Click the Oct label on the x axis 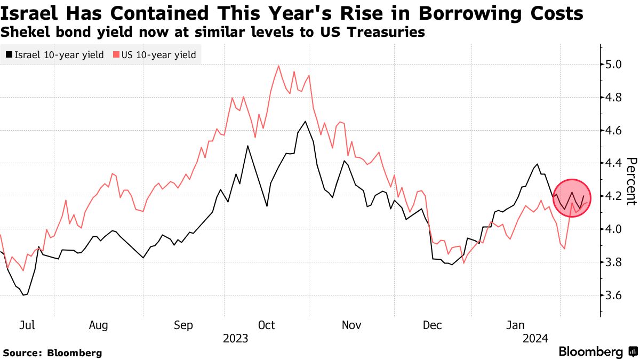(x=266, y=325)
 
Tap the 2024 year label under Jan (x=534, y=338)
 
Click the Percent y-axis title (x=631, y=181)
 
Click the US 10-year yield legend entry (x=155, y=54)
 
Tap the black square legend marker (x=9, y=54)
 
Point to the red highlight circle (x=573, y=198)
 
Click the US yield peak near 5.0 (x=279, y=66)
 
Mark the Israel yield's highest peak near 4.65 (x=305, y=122)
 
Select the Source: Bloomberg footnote (x=52, y=353)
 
